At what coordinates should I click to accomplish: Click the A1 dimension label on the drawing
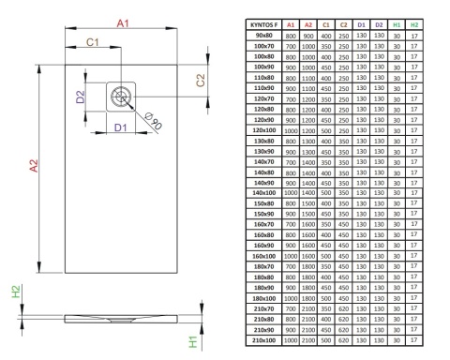coord(123,23)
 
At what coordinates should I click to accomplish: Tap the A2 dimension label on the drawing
coord(34,166)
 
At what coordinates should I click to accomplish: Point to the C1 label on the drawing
coord(93,42)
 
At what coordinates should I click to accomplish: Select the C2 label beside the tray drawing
coord(201,81)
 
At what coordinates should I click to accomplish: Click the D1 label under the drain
coord(121,127)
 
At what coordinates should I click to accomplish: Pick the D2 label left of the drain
coord(81,97)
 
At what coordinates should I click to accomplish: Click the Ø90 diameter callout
coord(154,120)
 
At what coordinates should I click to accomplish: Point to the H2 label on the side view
coord(16,292)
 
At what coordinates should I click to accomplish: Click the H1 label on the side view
coord(193,342)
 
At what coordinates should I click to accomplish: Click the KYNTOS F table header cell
coord(264,25)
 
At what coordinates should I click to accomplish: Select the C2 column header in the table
coord(344,25)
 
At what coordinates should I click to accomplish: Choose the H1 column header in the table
coord(397,25)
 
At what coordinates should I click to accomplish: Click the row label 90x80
coord(264,36)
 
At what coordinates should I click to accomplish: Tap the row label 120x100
coord(264,130)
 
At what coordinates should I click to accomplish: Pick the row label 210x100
coord(264,340)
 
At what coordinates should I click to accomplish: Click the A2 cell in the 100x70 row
coord(308,46)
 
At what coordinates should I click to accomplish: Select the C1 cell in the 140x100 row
coord(326,193)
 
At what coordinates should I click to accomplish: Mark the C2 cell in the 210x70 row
coord(344,309)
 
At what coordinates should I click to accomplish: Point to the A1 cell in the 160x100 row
coord(291,256)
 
